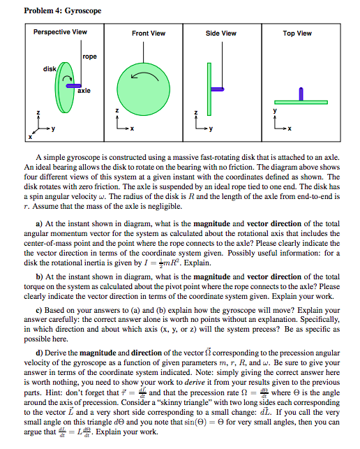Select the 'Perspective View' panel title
click(61, 32)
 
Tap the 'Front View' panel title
click(148, 33)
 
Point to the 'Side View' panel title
click(220, 33)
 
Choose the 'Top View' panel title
click(297, 33)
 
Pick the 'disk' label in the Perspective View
click(50, 68)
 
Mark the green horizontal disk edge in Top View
click(301, 101)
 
